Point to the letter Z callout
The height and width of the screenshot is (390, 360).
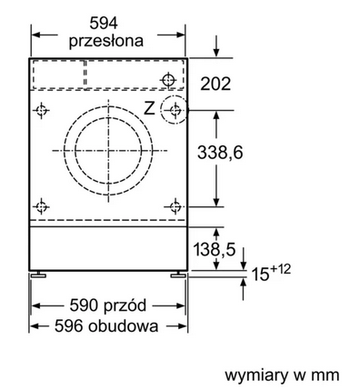pyautogui.click(x=149, y=108)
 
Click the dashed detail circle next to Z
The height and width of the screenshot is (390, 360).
pyautogui.click(x=171, y=111)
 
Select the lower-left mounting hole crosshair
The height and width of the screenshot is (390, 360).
pyautogui.click(x=41, y=205)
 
